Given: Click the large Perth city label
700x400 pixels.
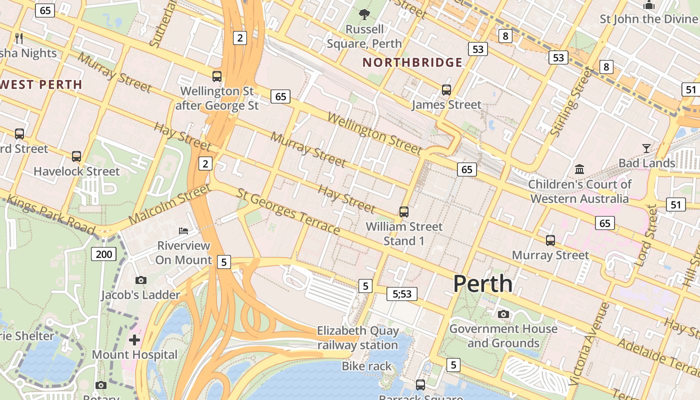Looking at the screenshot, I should coord(482,283).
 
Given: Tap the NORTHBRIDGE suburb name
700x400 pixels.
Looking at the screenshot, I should coord(412,62).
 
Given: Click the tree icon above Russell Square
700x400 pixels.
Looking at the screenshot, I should coord(364,14).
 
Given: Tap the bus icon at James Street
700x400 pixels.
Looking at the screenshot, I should coord(446,90).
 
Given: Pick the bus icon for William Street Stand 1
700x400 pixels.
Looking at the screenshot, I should coord(403,211).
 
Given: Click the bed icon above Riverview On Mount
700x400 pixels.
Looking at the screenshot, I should coord(183,230).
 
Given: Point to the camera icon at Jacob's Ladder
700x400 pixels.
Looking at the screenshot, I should coord(140,280).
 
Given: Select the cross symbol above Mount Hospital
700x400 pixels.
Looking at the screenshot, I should coord(134,340).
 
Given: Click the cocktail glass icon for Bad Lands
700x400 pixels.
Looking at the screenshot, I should coord(646,148).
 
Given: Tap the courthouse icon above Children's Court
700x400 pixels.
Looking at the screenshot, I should coord(579,169).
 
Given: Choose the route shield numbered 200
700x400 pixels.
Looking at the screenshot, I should coord(103,254).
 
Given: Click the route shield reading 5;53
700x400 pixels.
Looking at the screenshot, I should coord(401,293).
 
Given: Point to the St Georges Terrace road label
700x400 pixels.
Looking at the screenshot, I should coord(288,211).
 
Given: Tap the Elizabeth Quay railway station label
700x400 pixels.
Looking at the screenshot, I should coord(358,338).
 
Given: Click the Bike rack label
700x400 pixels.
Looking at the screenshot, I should coord(366,366).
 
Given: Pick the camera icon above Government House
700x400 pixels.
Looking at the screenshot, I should coord(503,314).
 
